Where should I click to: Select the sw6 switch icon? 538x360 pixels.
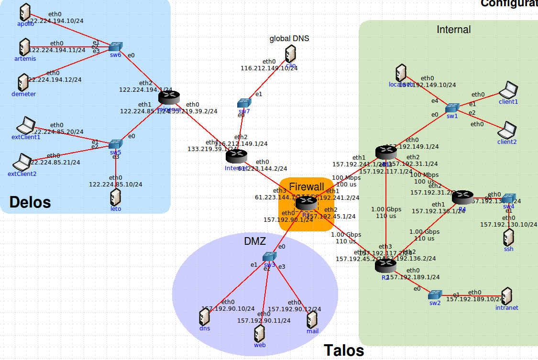(115, 46)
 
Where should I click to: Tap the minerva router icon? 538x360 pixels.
(168, 97)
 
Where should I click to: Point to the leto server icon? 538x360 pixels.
(115, 197)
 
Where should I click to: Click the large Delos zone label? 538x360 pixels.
(30, 202)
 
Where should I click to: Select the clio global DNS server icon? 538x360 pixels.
(290, 54)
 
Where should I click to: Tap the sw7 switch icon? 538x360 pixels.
(244, 103)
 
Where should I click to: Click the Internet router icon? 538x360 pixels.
(236, 156)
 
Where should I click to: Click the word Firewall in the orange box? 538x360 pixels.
(307, 187)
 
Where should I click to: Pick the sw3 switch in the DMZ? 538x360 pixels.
(270, 257)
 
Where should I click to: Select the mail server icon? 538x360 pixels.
(312, 319)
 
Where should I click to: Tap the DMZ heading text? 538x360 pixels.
(255, 241)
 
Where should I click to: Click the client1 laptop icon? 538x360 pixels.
(508, 89)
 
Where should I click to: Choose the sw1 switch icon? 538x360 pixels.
(452, 107)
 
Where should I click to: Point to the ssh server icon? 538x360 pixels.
(508, 237)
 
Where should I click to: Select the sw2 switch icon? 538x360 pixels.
(435, 295)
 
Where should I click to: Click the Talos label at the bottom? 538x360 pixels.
(344, 350)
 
